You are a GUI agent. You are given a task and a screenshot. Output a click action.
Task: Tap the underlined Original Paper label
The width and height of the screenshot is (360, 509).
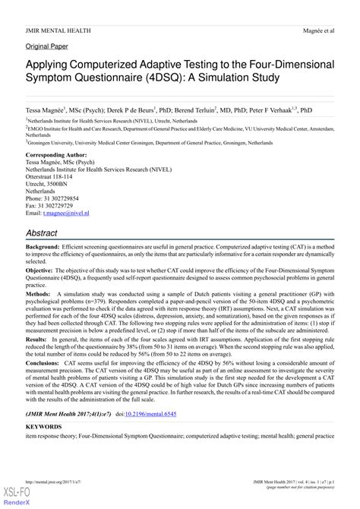[x=46, y=46]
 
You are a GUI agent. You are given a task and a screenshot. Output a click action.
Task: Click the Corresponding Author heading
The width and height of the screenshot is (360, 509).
[x=58, y=155]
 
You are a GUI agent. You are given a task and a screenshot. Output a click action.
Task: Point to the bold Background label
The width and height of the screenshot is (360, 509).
[x=43, y=248]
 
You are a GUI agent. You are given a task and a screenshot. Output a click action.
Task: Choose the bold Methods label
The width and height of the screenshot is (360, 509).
[x=37, y=292]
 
